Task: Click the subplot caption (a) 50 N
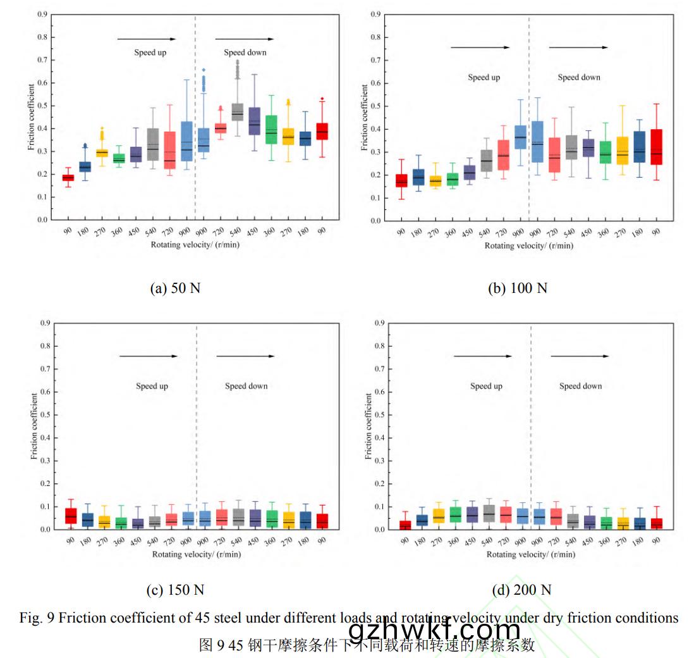(175, 288)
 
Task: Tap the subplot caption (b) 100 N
(518, 288)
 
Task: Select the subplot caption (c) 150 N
(175, 590)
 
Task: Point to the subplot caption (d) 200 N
(521, 590)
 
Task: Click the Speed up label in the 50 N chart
(150, 53)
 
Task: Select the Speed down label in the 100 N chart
(578, 77)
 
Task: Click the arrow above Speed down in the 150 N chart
(246, 356)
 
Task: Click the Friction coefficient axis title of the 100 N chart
(364, 118)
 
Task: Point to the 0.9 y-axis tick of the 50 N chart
(42, 14)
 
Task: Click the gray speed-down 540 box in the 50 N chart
(238, 112)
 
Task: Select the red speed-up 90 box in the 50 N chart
(68, 178)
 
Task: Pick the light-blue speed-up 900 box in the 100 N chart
(520, 137)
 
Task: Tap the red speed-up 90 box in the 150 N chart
(70, 516)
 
